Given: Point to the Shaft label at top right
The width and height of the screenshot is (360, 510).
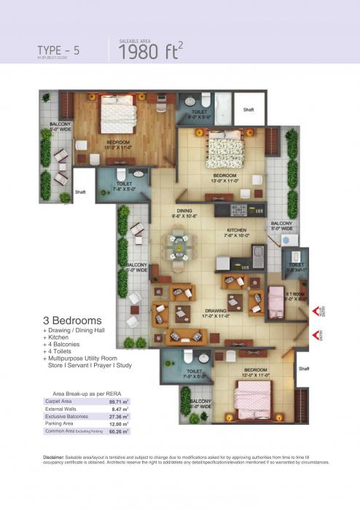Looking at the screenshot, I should coord(249,109).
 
